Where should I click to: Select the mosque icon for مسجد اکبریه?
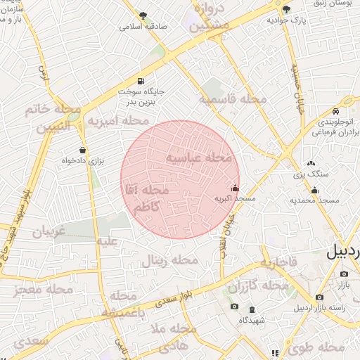235,188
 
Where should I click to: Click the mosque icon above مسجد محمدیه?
314,189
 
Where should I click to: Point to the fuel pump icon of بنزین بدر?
142,81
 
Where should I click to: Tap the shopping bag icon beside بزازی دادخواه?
83,149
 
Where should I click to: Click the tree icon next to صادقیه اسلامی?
143,15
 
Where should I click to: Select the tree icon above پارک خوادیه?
285,9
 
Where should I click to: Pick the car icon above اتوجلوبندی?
336,112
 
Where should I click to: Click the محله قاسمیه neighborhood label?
233,100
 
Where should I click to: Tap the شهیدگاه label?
251,320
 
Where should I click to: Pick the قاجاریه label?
280,263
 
